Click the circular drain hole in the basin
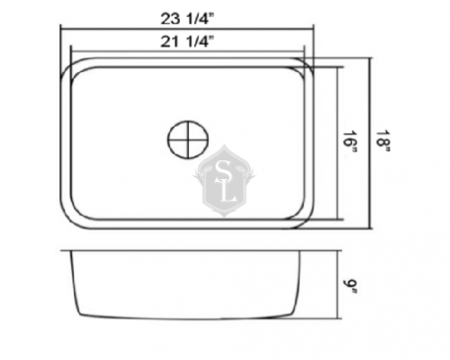tap(188, 140)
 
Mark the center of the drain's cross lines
tap(188, 140)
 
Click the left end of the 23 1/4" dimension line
tap(60, 26)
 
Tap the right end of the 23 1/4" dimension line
tap(316, 26)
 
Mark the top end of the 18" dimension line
tap(370, 58)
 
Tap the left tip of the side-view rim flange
tap(60, 250)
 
